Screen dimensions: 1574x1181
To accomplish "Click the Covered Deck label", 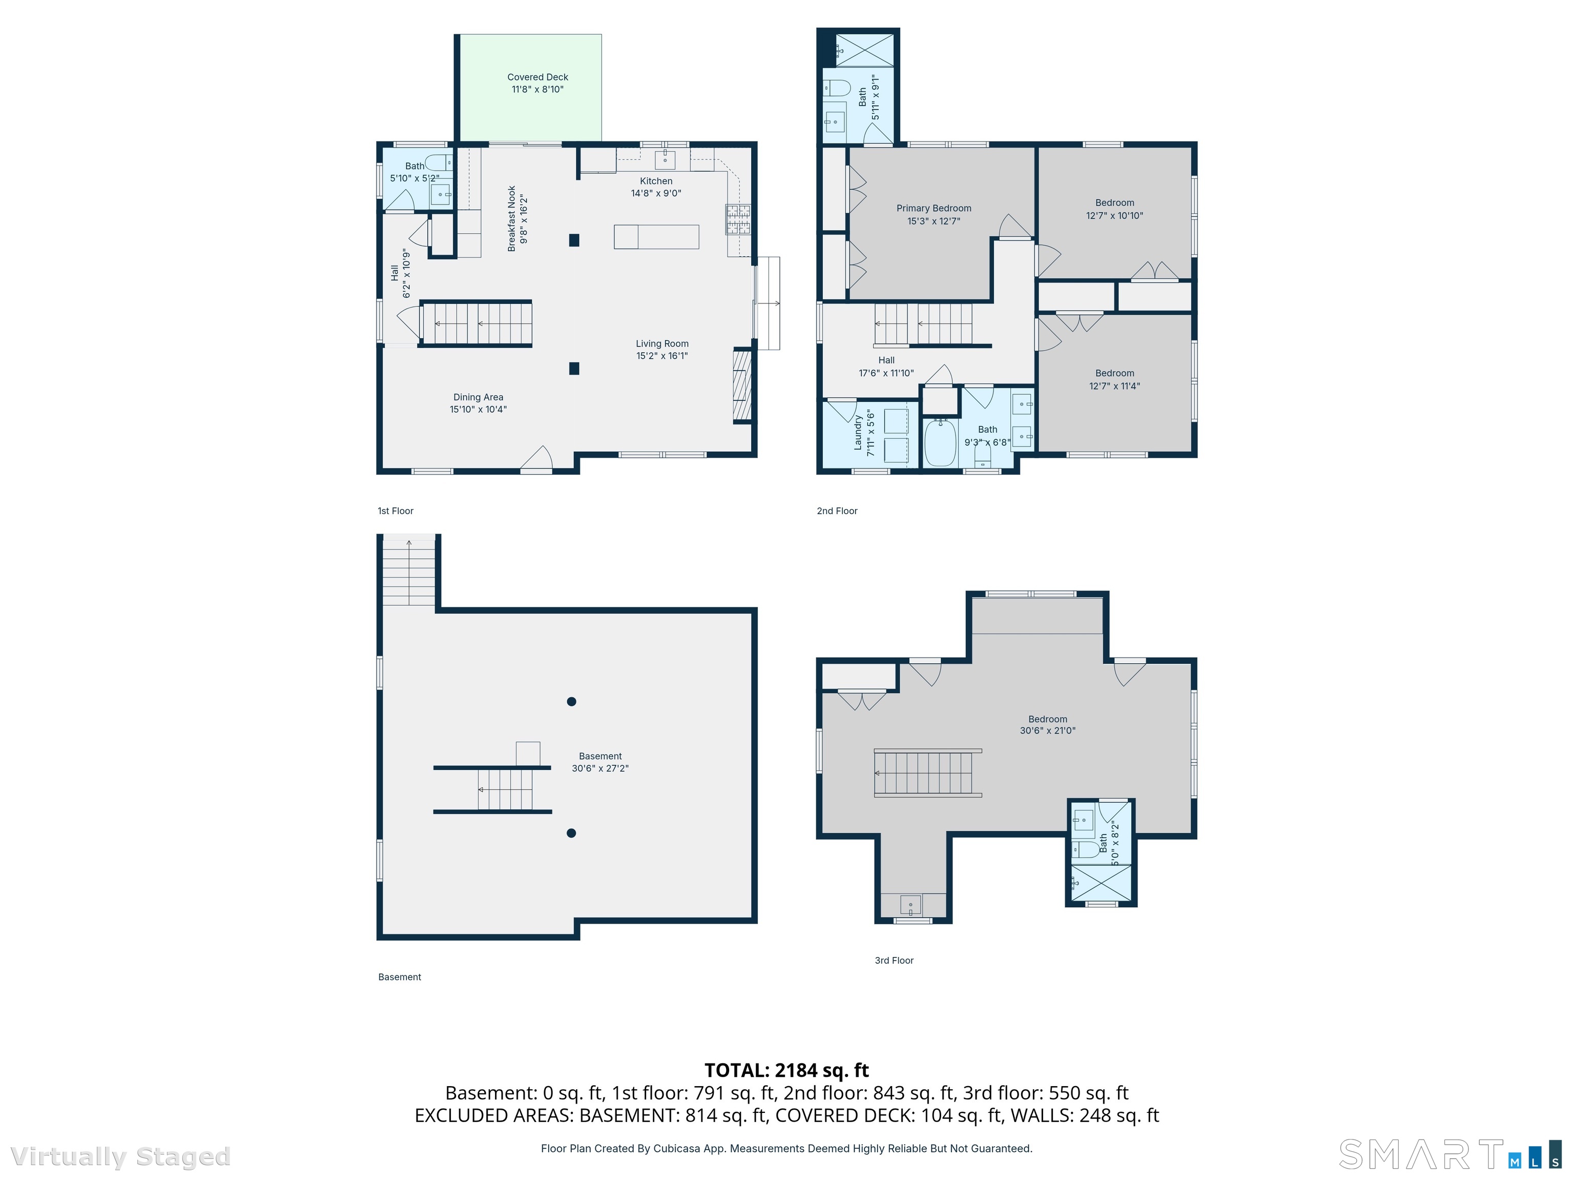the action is coord(537,83).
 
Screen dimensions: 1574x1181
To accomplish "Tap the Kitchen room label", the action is coord(655,187).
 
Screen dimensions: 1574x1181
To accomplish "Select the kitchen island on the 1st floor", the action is coord(656,236).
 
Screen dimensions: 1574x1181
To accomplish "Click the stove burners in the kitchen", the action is coord(738,219).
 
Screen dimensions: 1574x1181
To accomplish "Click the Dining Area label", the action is coord(478,403).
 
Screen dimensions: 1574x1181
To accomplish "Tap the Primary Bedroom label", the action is coord(934,214).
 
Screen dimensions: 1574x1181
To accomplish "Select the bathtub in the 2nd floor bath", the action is coord(940,443).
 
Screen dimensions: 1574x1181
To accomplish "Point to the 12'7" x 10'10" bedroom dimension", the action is coord(1114,216).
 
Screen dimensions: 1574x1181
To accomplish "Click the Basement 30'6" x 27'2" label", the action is coord(600,762).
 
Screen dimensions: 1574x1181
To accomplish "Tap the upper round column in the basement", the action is coord(571,701).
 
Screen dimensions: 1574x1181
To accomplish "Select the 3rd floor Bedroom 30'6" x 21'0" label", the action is coord(1047,725).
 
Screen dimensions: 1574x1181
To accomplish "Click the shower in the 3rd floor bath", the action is coord(1101,883).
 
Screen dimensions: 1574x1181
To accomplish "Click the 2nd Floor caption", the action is coord(837,511).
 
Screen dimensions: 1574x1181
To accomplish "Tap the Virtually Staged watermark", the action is coord(120,1157).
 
